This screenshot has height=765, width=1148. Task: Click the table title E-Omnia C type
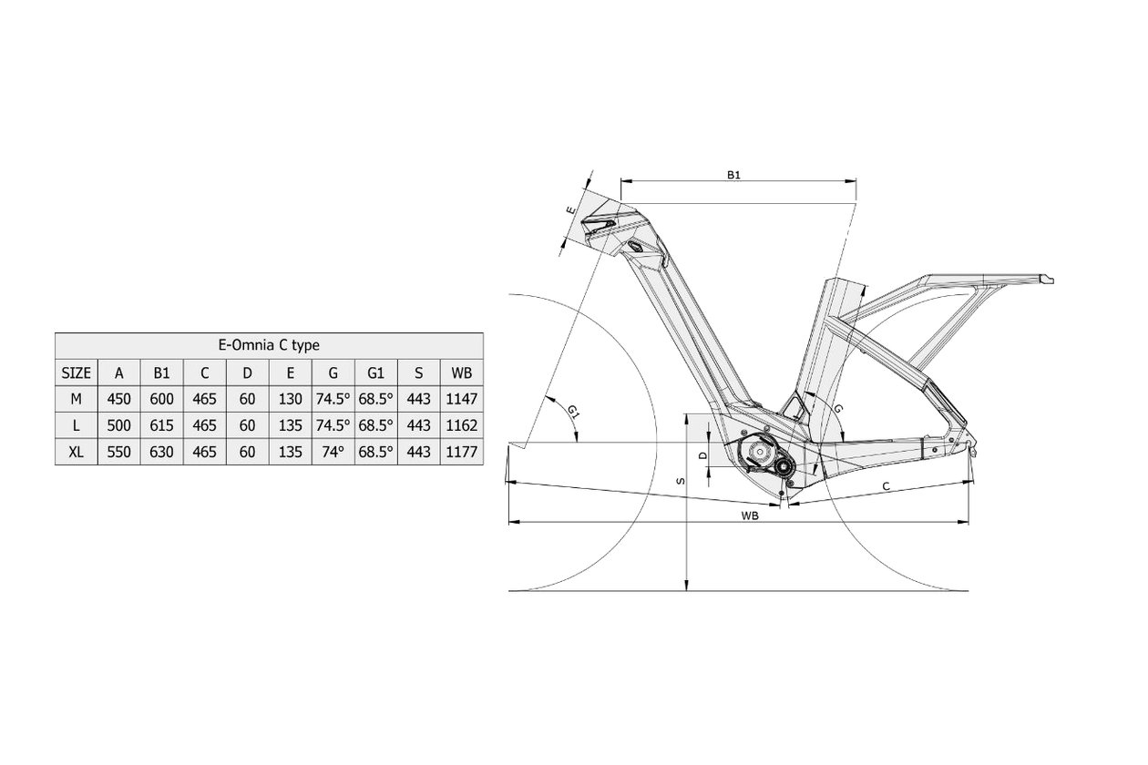click(x=269, y=345)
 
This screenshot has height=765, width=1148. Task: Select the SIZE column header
click(x=76, y=373)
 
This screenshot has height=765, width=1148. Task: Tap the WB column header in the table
click(x=461, y=373)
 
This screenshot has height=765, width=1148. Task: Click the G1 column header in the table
click(x=375, y=373)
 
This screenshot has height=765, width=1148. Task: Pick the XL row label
click(x=76, y=452)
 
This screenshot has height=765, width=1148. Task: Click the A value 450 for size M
click(x=118, y=399)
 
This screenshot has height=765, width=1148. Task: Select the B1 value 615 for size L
click(x=161, y=425)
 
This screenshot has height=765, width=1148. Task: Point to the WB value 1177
click(x=461, y=452)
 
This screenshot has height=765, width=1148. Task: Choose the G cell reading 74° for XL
click(x=333, y=452)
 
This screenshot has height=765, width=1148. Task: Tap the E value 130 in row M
click(x=290, y=399)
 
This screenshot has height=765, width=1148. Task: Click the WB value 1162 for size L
click(x=461, y=425)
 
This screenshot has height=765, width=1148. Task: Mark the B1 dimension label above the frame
click(x=734, y=175)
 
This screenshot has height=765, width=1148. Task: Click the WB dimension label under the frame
click(x=750, y=515)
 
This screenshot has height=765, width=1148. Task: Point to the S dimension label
click(x=681, y=481)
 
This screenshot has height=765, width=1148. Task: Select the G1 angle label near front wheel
click(x=573, y=412)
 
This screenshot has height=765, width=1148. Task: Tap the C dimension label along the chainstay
click(x=887, y=486)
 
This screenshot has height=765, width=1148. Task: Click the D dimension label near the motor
click(x=703, y=455)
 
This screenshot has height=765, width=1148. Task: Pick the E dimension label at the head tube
click(x=570, y=210)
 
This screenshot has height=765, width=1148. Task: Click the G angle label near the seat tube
click(x=838, y=408)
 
